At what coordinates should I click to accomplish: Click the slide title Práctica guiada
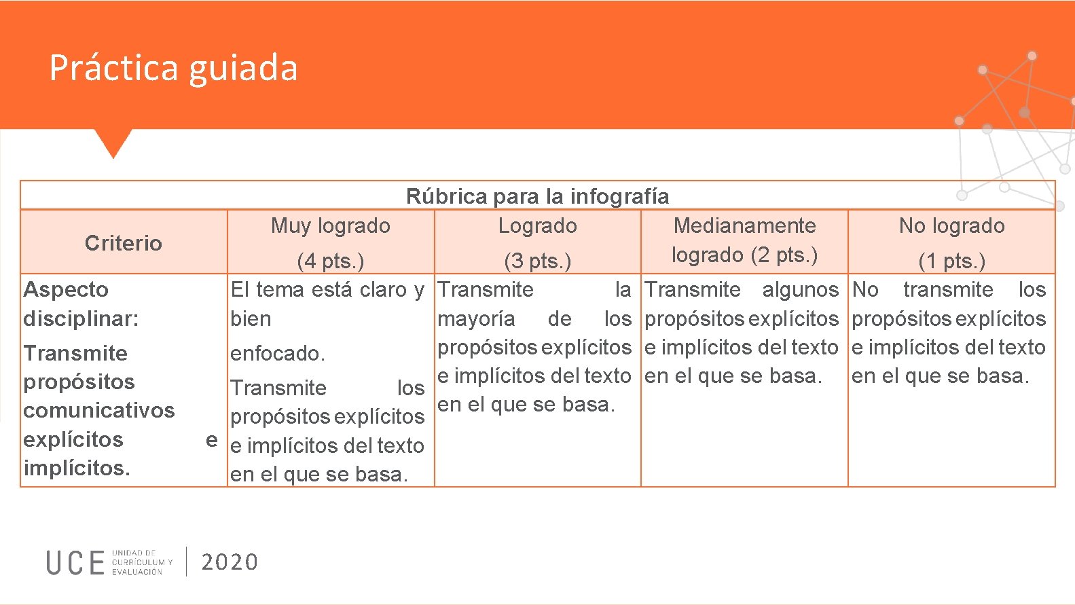[x=173, y=68]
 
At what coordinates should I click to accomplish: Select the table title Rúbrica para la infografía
[x=537, y=196]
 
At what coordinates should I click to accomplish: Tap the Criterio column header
[x=124, y=243]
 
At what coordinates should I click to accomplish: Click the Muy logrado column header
[x=331, y=225]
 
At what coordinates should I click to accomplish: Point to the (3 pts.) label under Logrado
[x=537, y=261]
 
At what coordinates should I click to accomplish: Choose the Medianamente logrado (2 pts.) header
[x=744, y=240]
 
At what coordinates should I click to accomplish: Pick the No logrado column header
[x=951, y=225]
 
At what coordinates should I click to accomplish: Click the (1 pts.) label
[x=951, y=261]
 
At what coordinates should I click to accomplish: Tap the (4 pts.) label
[x=331, y=261]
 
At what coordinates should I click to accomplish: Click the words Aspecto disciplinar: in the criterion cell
[x=81, y=304]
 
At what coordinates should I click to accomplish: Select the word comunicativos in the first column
[x=99, y=410]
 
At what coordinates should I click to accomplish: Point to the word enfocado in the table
[x=277, y=353]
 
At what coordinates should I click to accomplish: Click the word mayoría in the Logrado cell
[x=476, y=318]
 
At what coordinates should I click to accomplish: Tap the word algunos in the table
[x=800, y=290]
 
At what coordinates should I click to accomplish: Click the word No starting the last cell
[x=865, y=290]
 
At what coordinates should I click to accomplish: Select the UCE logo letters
[x=75, y=563]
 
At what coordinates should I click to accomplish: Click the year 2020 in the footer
[x=230, y=562]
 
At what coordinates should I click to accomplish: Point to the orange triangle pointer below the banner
[x=113, y=142]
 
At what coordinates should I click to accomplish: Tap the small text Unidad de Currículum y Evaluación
[x=142, y=562]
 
